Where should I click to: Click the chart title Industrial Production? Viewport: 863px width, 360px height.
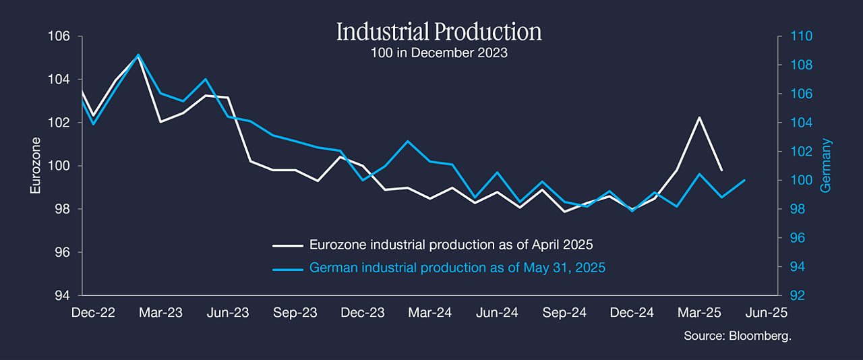point(439,32)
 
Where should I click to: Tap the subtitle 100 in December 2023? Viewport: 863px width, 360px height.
point(439,53)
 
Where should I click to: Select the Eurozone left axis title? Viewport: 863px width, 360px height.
point(36,166)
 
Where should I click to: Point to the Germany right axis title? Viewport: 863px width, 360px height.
point(826,166)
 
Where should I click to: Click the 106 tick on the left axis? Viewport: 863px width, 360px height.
point(59,36)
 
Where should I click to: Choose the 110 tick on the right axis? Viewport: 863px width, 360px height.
point(802,36)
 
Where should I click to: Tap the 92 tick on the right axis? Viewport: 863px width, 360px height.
point(798,296)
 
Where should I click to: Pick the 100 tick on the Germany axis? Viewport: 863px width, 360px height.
point(802,181)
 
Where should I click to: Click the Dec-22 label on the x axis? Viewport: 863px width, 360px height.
point(93,313)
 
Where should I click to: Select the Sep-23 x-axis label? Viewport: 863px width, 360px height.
point(295,313)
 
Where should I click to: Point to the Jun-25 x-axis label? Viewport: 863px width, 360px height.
point(767,313)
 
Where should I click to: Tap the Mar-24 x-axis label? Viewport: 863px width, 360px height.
point(430,313)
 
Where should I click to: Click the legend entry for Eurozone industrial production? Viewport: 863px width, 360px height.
point(433,245)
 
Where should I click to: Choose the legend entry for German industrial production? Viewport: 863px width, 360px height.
point(439,268)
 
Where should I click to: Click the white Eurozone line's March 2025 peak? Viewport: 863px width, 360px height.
point(699,117)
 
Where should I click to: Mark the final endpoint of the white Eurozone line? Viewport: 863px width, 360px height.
point(721,170)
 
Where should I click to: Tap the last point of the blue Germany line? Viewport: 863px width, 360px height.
point(744,180)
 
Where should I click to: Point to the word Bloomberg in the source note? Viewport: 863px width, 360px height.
point(760,336)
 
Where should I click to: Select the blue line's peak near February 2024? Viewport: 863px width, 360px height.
point(408,141)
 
